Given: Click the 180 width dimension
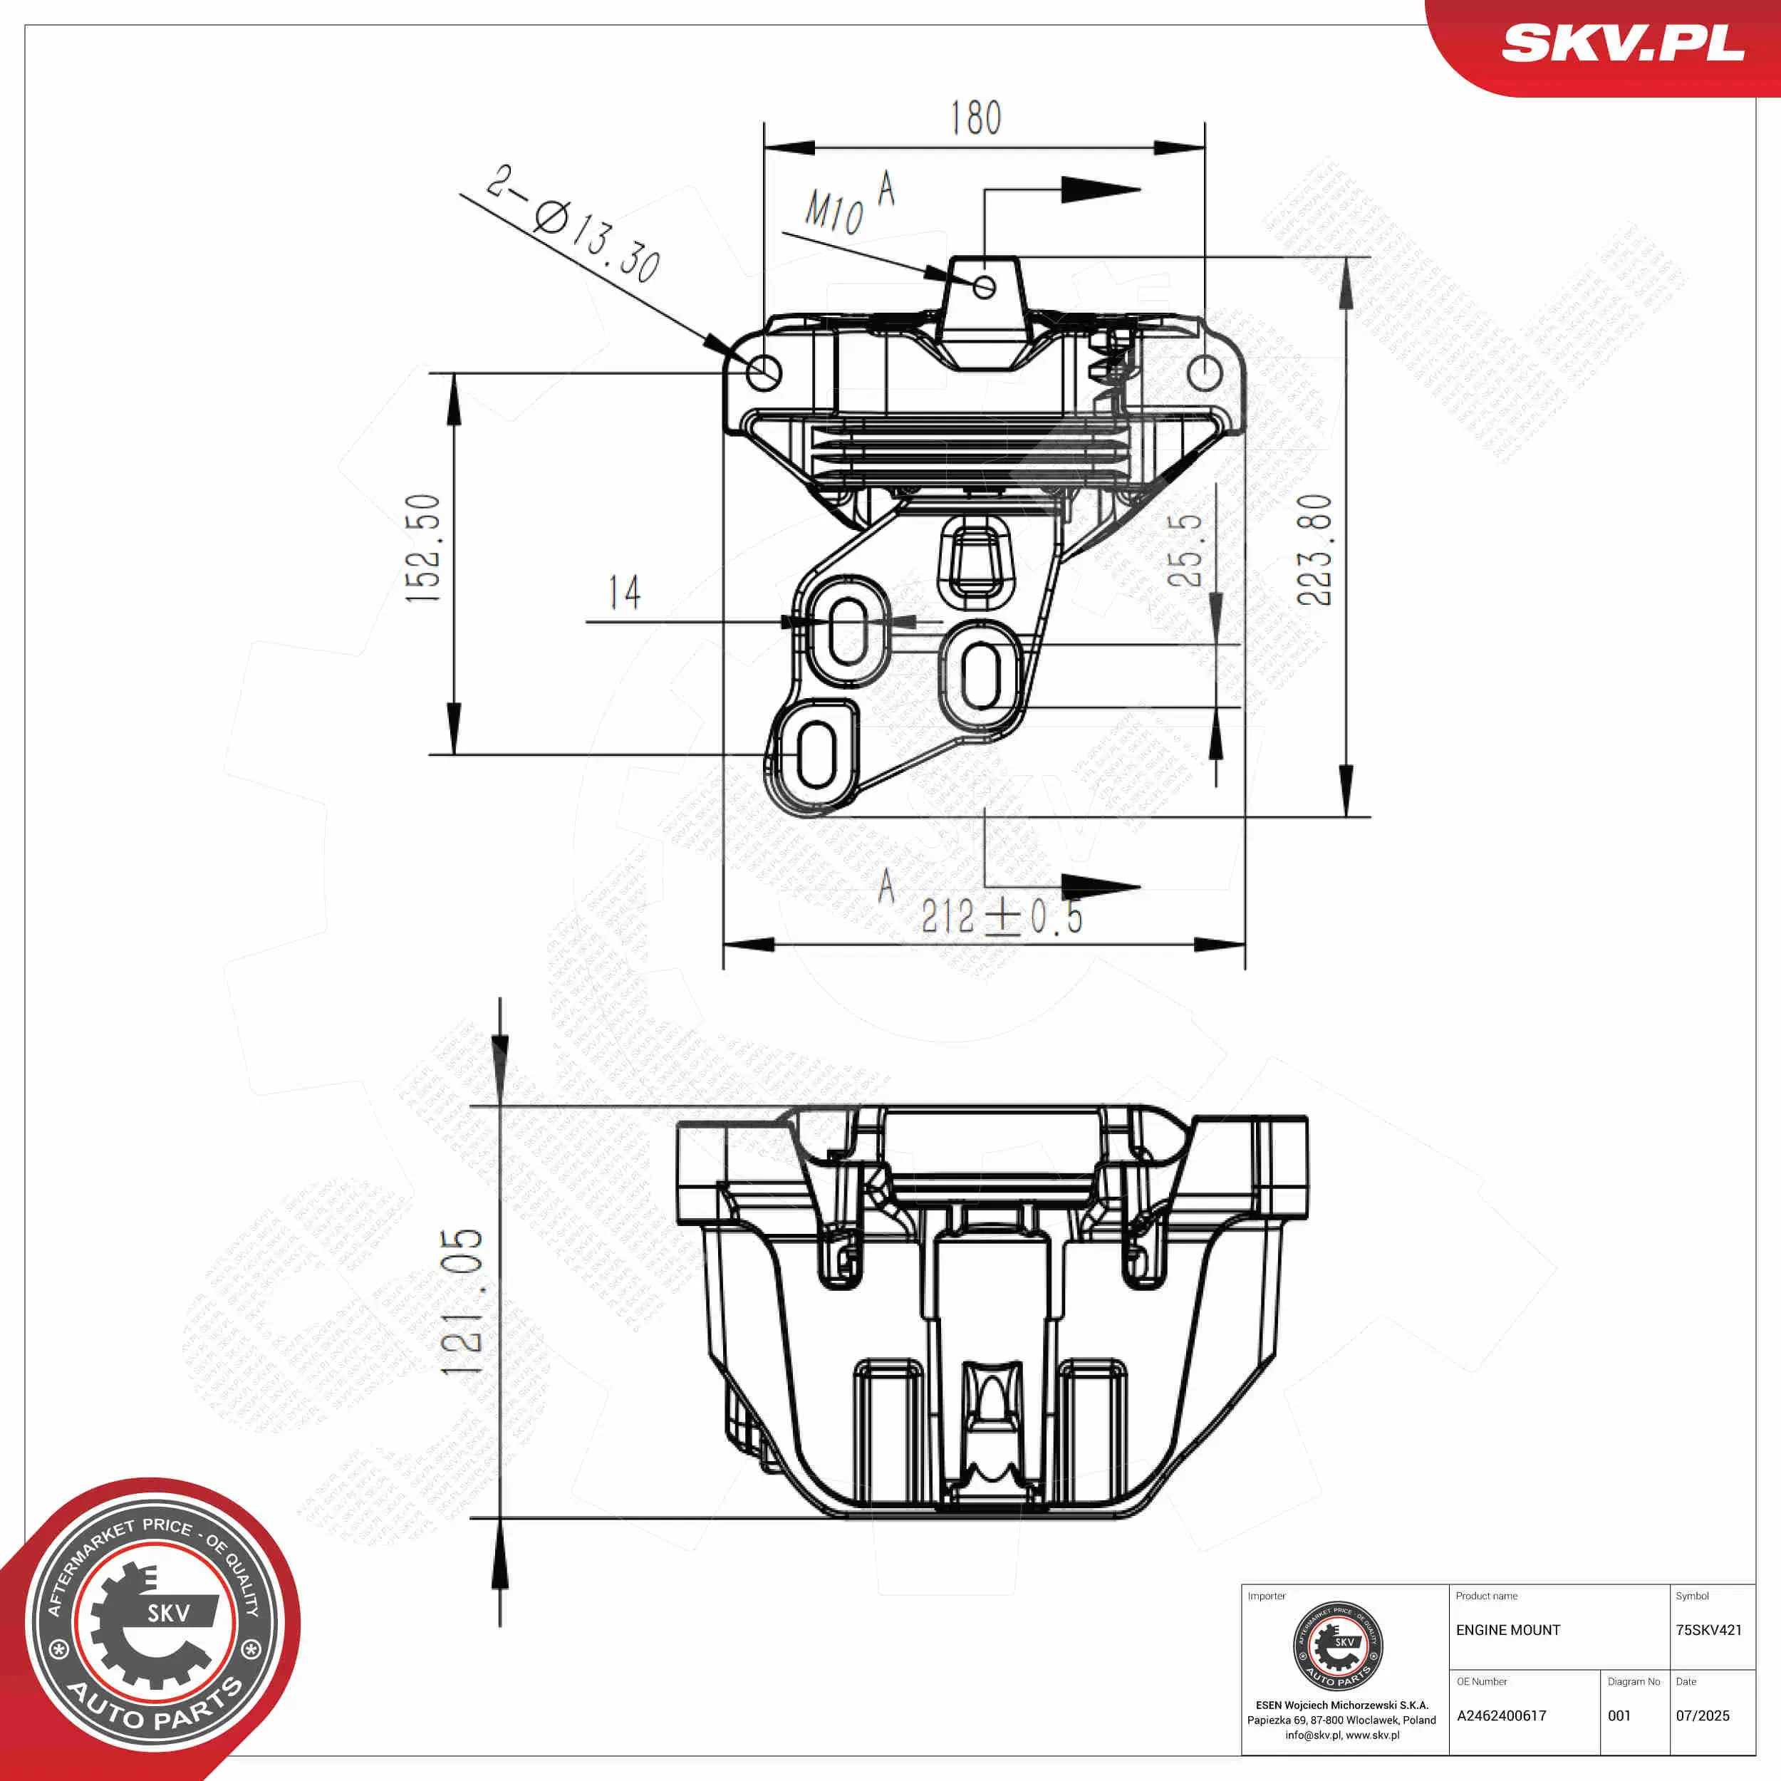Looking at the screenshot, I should (975, 118).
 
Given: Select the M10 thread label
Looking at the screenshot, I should (834, 212).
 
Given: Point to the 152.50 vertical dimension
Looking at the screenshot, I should (424, 549).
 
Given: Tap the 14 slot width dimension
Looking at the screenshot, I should (624, 593).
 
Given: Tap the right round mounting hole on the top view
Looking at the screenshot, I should (1204, 373).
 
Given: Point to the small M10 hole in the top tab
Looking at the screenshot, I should (984, 286).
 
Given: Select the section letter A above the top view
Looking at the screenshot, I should (886, 188).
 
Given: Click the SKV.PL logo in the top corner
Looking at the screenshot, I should (1622, 43).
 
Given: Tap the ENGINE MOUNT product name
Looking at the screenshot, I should (1508, 1630).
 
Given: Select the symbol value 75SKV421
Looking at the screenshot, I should (1708, 1630).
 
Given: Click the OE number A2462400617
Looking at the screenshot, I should (1501, 1715).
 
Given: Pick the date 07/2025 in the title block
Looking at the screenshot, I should (1702, 1715).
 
